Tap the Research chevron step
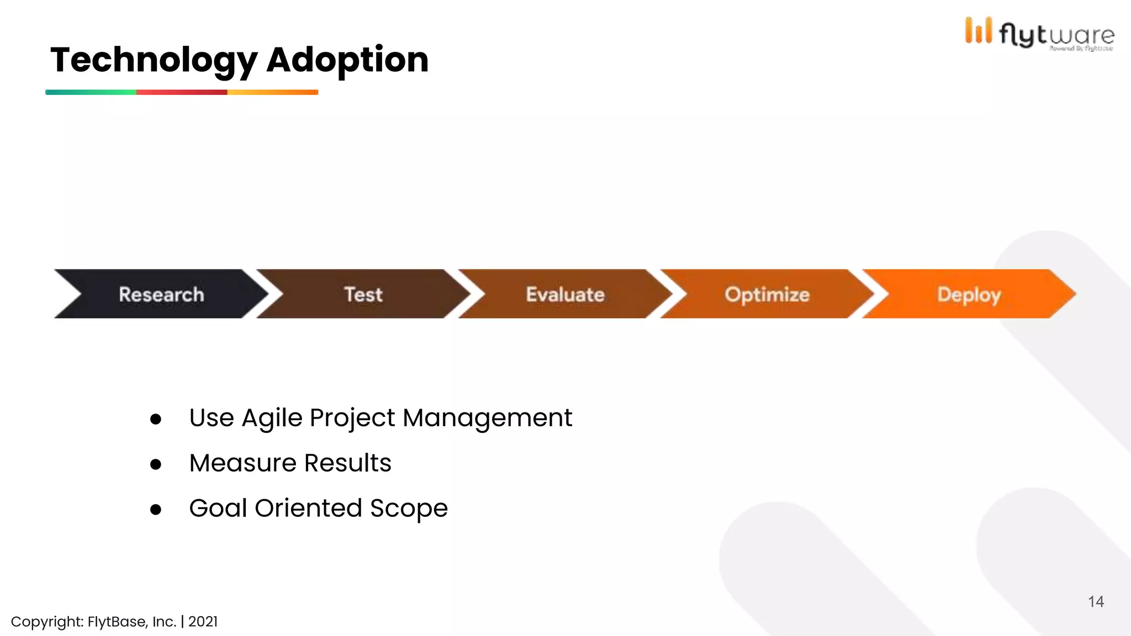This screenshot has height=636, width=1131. [x=161, y=294]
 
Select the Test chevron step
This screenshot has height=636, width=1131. [x=363, y=294]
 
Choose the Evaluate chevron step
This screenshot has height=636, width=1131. [x=565, y=294]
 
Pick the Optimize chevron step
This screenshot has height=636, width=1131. [x=767, y=294]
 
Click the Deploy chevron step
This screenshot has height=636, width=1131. [x=969, y=294]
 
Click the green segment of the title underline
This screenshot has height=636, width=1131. [x=91, y=92]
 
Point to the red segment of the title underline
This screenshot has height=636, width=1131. [x=182, y=92]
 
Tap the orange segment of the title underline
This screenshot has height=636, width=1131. [x=273, y=92]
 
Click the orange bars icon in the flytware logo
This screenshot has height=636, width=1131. [x=978, y=30]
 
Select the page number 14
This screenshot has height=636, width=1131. [x=1096, y=602]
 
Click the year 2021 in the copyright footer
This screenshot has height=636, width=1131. [x=203, y=622]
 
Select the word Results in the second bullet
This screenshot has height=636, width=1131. [x=347, y=463]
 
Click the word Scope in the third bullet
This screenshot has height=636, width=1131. [x=409, y=508]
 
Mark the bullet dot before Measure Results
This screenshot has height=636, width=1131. [x=156, y=465]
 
